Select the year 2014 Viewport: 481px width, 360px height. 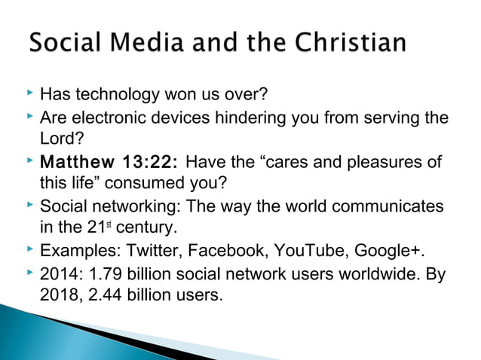tap(57, 273)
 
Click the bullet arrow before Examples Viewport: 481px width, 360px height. tap(29, 249)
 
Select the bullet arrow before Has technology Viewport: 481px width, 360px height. tap(29, 95)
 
